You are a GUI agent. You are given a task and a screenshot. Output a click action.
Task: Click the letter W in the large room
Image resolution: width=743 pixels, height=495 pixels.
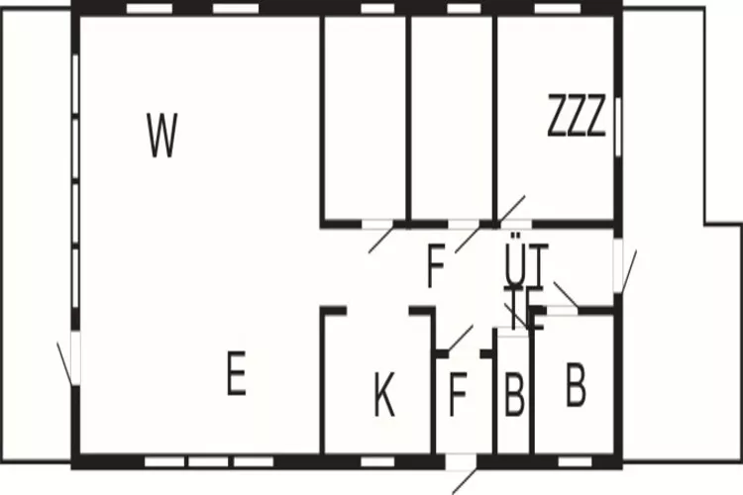pyautogui.click(x=161, y=137)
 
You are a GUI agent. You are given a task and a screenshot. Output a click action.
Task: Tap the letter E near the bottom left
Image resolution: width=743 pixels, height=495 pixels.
pyautogui.click(x=235, y=375)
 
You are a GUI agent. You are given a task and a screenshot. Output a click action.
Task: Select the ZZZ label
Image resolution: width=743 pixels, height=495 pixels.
pyautogui.click(x=577, y=118)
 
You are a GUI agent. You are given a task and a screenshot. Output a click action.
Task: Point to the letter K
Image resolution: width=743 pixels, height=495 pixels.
pyautogui.click(x=384, y=396)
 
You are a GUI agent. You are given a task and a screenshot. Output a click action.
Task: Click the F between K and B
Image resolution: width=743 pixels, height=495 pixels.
pyautogui.click(x=457, y=393)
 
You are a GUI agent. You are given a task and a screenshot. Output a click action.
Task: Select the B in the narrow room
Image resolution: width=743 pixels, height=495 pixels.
pyautogui.click(x=513, y=394)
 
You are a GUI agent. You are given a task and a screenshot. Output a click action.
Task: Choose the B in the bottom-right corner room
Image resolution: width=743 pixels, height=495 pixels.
pyautogui.click(x=576, y=385)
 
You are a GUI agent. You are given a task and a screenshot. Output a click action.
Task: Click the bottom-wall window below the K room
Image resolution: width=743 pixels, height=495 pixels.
pyautogui.click(x=373, y=461)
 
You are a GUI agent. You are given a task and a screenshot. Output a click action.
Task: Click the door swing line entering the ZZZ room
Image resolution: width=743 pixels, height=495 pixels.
pyautogui.click(x=511, y=210)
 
